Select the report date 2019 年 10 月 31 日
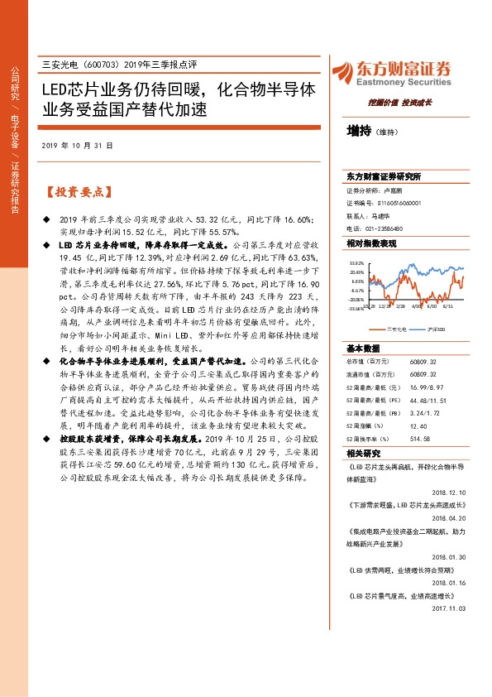click(77, 145)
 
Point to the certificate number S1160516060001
click(389, 202)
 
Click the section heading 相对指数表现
click(372, 243)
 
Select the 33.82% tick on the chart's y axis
click(357, 262)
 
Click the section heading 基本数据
click(363, 325)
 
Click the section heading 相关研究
click(363, 430)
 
